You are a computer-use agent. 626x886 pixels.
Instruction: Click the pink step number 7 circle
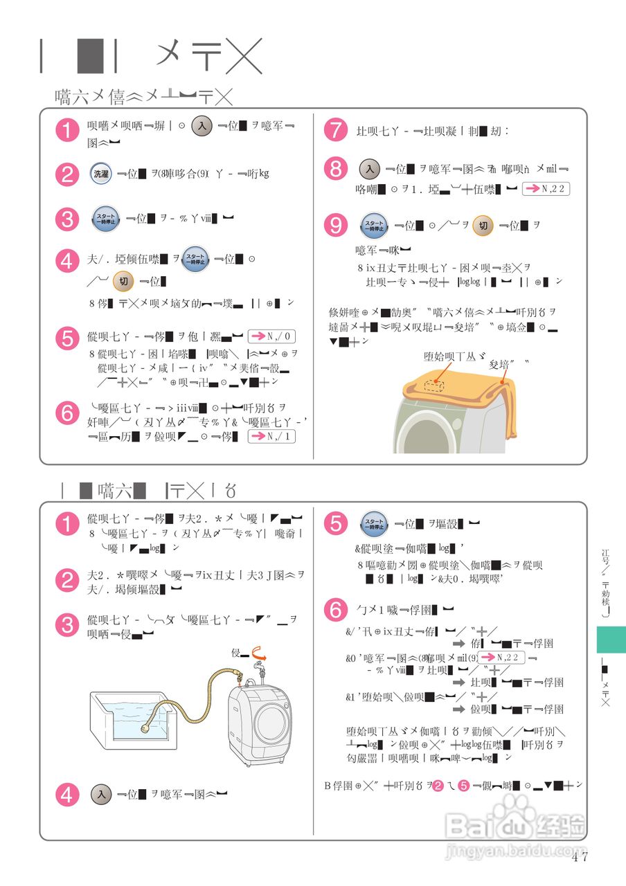(x=336, y=130)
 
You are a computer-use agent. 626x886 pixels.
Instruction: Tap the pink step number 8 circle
(x=336, y=170)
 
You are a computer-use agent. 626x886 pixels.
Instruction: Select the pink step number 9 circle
(x=336, y=226)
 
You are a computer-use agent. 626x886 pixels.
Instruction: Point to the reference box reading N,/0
(x=271, y=337)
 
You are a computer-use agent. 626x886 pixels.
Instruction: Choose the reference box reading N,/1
(x=271, y=436)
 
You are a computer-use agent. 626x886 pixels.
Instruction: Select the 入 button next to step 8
(x=370, y=169)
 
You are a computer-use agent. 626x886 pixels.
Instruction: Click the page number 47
(x=580, y=857)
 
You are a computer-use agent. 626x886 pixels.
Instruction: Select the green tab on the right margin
(x=611, y=640)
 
